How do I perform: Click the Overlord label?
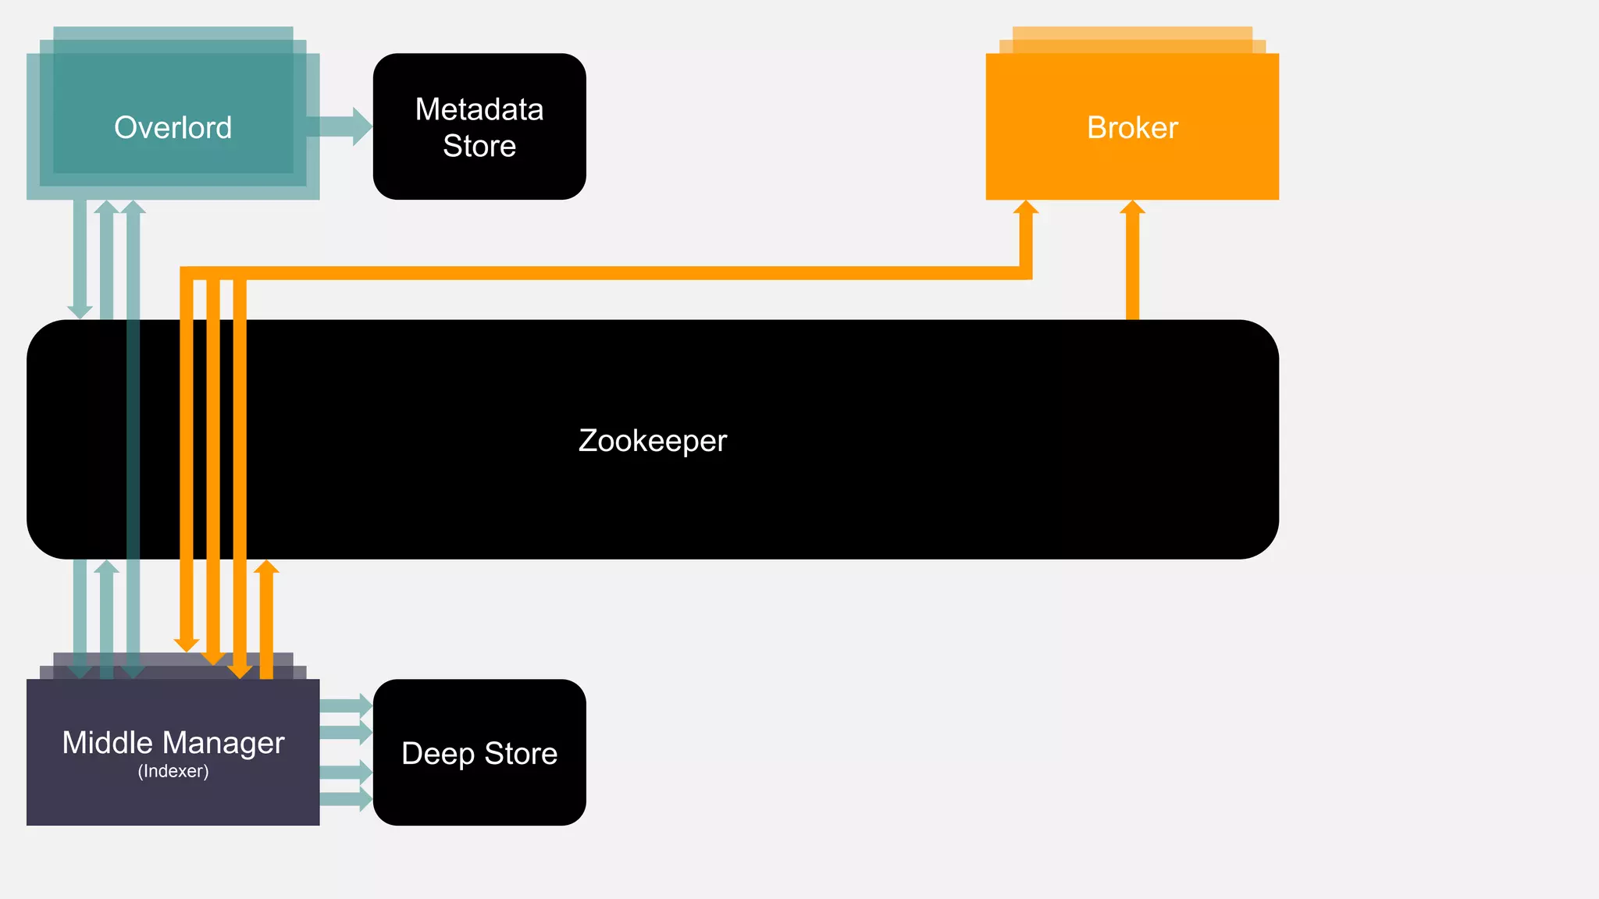173,127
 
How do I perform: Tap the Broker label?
1132,127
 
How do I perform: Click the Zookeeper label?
653,441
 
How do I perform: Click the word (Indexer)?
173,772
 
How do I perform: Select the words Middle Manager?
173,742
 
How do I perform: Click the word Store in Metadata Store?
479,146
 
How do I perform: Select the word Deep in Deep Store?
438,754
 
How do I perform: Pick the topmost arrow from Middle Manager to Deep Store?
346,705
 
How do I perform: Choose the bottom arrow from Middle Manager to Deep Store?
346,798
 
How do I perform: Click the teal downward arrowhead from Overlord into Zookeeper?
80,311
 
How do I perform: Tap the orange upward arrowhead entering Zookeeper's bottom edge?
266,567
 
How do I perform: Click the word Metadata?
479,109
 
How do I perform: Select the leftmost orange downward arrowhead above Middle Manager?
187,645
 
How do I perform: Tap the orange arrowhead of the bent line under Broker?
1026,208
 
